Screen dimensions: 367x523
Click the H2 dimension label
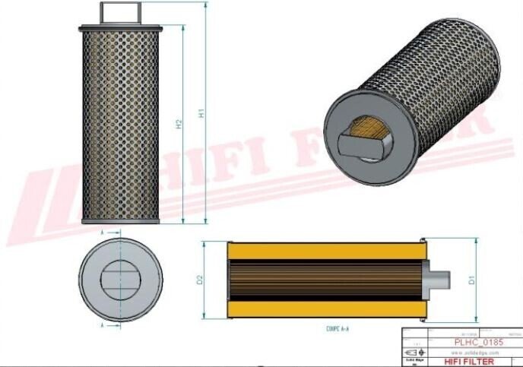[x=179, y=123]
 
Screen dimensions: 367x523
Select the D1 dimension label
[x=472, y=280]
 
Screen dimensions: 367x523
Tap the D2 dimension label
[x=201, y=280]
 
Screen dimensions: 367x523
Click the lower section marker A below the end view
[x=103, y=325]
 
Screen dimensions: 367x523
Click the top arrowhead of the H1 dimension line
[x=206, y=5]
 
